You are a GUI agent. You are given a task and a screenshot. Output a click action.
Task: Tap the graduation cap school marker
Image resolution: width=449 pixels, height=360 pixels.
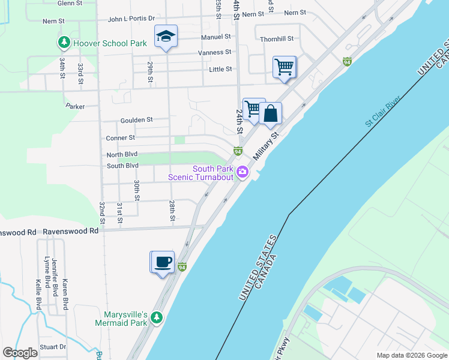point(166,37)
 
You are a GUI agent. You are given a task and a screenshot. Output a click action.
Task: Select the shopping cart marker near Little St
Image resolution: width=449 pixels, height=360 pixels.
point(284,67)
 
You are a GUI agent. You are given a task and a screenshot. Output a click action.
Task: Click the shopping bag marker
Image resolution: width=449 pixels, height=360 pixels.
point(271,113)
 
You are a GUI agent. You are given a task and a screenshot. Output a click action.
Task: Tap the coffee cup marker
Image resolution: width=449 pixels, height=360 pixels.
point(162,262)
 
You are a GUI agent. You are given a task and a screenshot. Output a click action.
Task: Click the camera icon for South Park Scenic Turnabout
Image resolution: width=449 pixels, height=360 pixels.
point(243,172)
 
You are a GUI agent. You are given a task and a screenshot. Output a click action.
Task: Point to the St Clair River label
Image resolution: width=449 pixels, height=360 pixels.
point(382,110)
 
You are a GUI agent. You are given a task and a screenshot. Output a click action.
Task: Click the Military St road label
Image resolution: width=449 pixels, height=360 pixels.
point(267,146)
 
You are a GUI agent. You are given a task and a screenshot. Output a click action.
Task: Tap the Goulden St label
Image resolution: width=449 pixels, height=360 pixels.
point(136,120)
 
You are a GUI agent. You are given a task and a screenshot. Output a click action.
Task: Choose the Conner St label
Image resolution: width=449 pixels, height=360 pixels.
point(121,137)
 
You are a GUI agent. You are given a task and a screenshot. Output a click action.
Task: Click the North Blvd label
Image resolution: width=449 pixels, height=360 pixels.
point(122,155)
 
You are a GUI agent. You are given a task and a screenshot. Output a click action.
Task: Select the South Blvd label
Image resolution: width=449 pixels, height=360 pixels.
point(122,166)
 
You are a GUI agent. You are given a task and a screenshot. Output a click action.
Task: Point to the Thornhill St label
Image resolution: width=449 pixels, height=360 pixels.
point(277,39)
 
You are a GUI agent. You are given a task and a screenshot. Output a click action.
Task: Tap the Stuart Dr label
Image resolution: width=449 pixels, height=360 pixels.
point(54,347)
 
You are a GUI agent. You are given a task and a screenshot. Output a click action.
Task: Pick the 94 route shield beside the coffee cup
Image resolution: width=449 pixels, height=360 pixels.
point(182,266)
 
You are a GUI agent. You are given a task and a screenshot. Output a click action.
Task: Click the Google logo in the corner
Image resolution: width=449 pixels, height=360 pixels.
point(20,353)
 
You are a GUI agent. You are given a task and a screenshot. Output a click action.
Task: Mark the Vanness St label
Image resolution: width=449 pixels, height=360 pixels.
point(215,53)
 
